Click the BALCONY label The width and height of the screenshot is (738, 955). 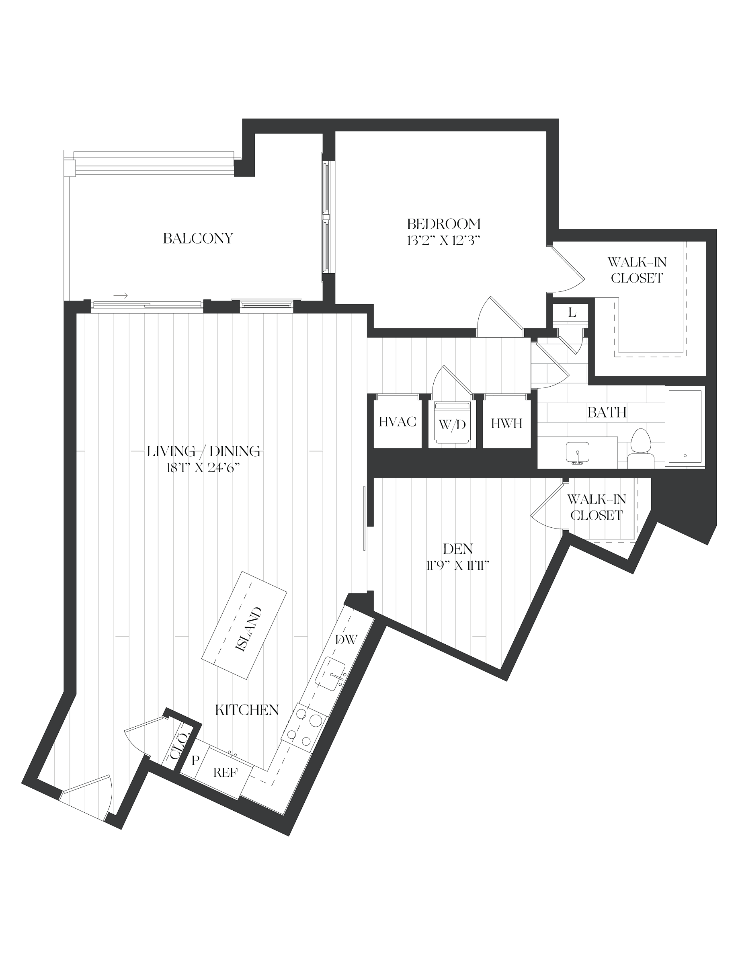pos(198,238)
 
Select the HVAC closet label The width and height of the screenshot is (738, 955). pos(398,422)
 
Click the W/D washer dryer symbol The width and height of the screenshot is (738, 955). pos(452,423)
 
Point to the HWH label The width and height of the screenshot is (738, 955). pos(507,423)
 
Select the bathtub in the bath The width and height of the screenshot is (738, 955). pos(685,426)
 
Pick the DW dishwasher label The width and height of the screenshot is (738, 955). pos(346,640)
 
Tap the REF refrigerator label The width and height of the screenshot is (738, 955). pos(225,773)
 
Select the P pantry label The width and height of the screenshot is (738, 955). pos(195,760)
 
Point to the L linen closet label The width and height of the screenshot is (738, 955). pos(572,313)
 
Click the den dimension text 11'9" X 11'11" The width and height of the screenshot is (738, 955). pos(457,566)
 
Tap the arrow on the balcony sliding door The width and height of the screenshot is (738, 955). pos(121,296)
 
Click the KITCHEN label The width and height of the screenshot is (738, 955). pos(247,710)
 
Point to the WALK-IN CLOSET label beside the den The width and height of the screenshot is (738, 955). pos(597,507)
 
